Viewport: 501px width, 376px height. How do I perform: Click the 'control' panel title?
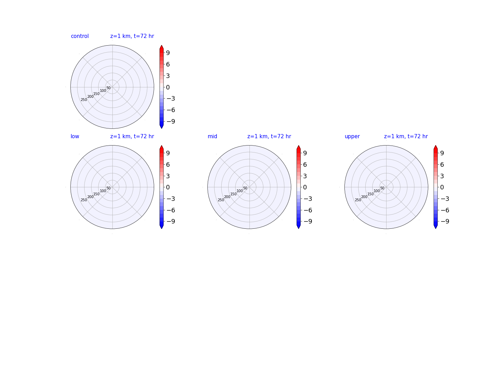pyautogui.click(x=80, y=36)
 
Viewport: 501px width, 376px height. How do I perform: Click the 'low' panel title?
pyautogui.click(x=75, y=136)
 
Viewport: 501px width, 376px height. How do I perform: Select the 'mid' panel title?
pyautogui.click(x=212, y=136)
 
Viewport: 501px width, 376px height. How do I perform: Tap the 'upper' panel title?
pyautogui.click(x=352, y=136)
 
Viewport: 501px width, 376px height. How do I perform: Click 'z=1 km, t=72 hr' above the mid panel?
pyautogui.click(x=269, y=136)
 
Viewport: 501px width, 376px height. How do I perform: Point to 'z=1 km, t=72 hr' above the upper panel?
pyautogui.click(x=406, y=136)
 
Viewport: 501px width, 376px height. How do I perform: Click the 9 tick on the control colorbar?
pyautogui.click(x=168, y=53)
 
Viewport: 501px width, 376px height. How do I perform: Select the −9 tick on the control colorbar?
pyautogui.click(x=171, y=122)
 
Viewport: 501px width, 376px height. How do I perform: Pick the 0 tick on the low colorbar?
pyautogui.click(x=168, y=187)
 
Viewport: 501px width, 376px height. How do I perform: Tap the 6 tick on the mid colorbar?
pyautogui.click(x=305, y=165)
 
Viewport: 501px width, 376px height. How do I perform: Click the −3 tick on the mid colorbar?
pyautogui.click(x=308, y=199)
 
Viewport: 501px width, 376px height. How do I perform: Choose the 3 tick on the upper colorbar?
pyautogui.click(x=442, y=176)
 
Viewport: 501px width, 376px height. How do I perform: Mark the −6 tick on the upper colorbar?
pyautogui.click(x=445, y=210)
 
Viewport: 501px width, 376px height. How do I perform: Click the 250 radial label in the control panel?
pyautogui.click(x=84, y=100)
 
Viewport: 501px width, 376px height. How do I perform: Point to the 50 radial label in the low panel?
pyautogui.click(x=109, y=188)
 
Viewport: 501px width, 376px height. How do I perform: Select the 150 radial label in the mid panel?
pyautogui.click(x=233, y=194)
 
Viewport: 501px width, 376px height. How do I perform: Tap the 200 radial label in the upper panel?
pyautogui.click(x=364, y=197)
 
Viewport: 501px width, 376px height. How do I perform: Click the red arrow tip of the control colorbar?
pyautogui.click(x=161, y=45)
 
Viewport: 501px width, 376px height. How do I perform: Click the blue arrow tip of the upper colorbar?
pyautogui.click(x=436, y=228)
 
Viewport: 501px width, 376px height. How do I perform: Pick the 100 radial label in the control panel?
pyautogui.click(x=103, y=91)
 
